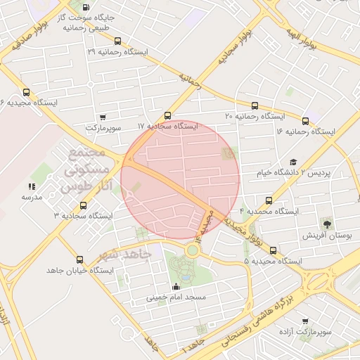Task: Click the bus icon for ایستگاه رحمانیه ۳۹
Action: coord(117,41)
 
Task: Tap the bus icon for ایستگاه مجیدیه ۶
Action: coord(27,92)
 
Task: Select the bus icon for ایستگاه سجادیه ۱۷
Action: coord(167,116)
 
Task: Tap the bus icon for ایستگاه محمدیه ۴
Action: coord(268,200)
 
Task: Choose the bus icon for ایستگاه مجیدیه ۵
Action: coord(273,251)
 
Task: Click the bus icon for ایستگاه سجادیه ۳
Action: coord(84,205)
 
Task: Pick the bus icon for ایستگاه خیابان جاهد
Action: coord(79,259)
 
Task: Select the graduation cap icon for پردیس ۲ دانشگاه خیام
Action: coord(293,162)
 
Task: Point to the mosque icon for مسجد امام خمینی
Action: coord(176,286)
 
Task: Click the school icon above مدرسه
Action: coord(32,186)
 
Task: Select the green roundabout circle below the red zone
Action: coord(192,250)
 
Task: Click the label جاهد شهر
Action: coord(127,255)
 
